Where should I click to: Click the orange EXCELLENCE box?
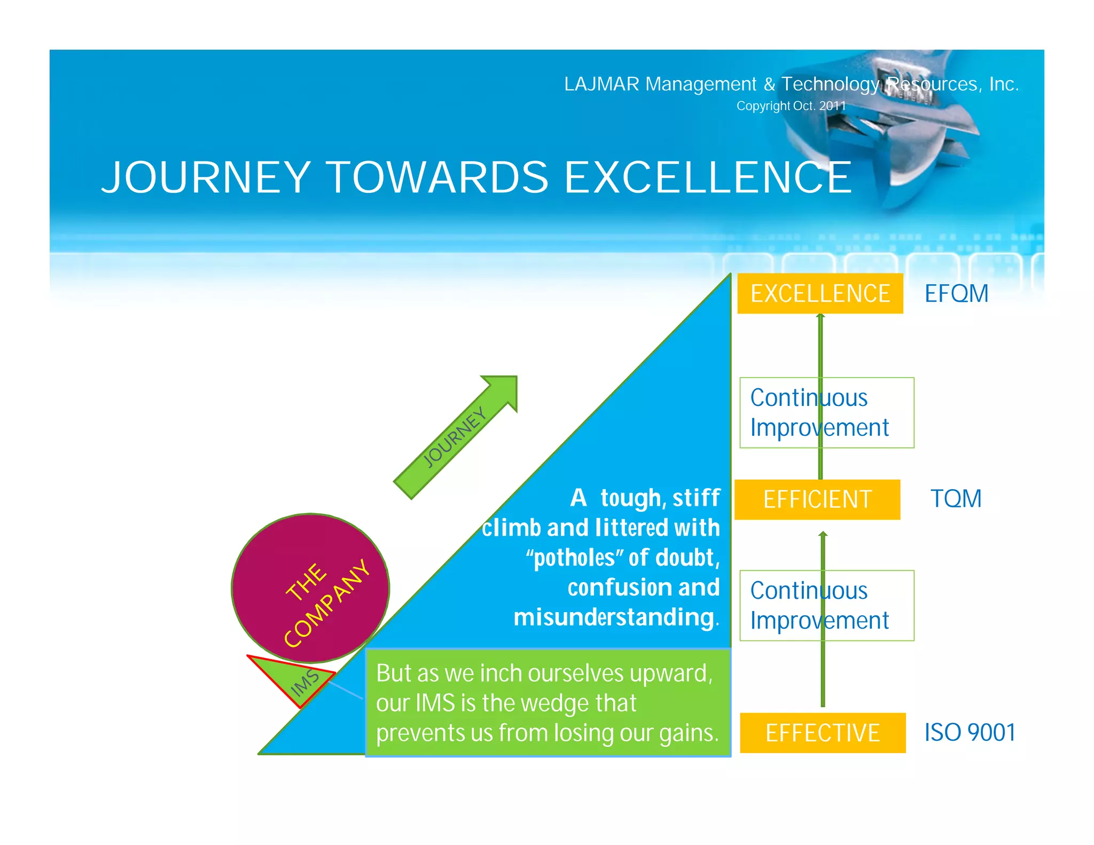point(819,293)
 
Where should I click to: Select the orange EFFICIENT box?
point(817,499)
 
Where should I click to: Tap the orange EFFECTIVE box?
point(822,733)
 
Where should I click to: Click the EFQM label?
point(956,293)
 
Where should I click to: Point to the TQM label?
point(956,498)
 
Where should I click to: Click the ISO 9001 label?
point(970,732)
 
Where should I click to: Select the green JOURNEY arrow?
point(456,437)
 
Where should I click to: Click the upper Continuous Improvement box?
point(826,412)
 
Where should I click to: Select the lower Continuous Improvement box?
point(826,605)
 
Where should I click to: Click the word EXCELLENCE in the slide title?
point(707,177)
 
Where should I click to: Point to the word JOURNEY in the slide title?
point(206,177)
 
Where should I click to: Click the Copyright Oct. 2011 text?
point(791,106)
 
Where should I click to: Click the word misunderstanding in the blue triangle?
point(614,617)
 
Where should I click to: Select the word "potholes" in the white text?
point(574,558)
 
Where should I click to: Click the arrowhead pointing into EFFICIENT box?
point(823,534)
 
